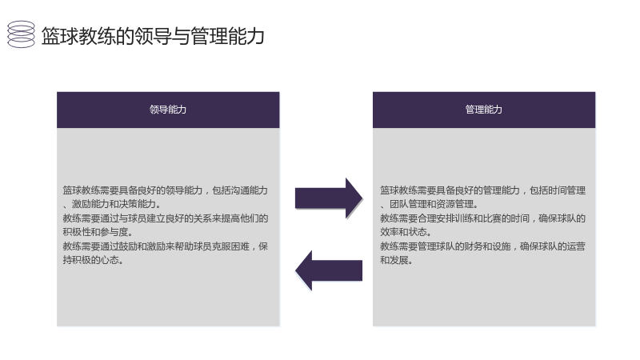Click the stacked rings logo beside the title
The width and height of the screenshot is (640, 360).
pos(22,34)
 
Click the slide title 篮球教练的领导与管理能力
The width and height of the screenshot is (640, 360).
pos(153,35)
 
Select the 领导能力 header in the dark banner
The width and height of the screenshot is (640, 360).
pos(168,110)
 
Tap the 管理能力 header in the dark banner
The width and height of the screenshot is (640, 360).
pos(484,110)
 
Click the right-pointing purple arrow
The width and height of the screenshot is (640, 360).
pos(329,198)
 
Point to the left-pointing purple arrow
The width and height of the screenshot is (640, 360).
pos(329,270)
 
